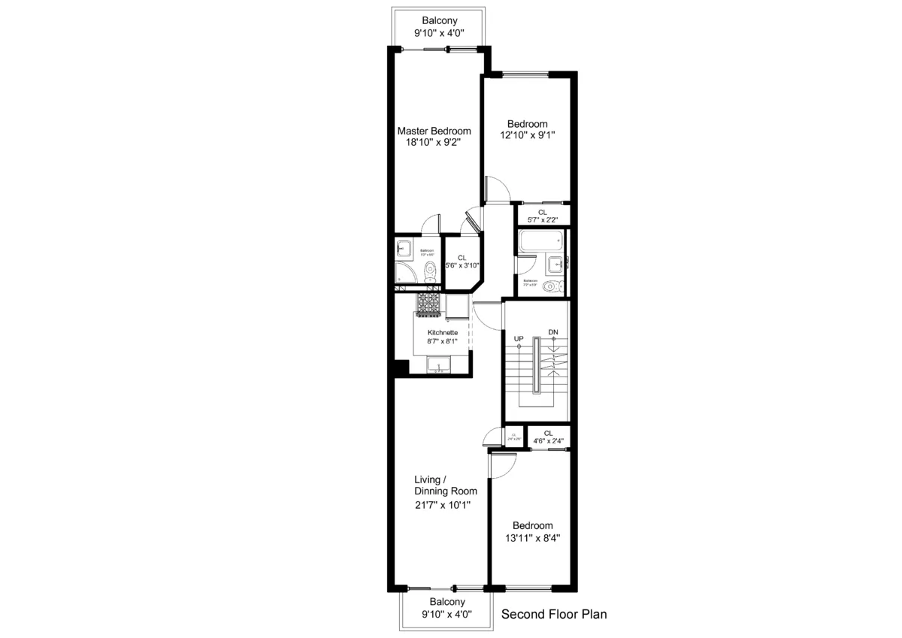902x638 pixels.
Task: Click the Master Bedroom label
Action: [434, 131]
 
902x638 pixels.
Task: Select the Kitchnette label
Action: [443, 332]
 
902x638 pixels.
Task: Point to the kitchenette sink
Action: [439, 366]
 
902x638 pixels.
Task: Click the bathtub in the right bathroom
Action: [540, 242]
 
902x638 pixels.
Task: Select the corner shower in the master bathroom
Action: [404, 272]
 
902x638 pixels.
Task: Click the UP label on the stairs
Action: [519, 339]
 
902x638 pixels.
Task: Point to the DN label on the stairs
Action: [553, 332]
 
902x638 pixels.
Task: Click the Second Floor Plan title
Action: [554, 614]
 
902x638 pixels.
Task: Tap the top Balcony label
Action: [439, 21]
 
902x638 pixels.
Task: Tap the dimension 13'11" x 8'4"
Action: [532, 538]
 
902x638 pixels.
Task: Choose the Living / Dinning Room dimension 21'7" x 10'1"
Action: [442, 505]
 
